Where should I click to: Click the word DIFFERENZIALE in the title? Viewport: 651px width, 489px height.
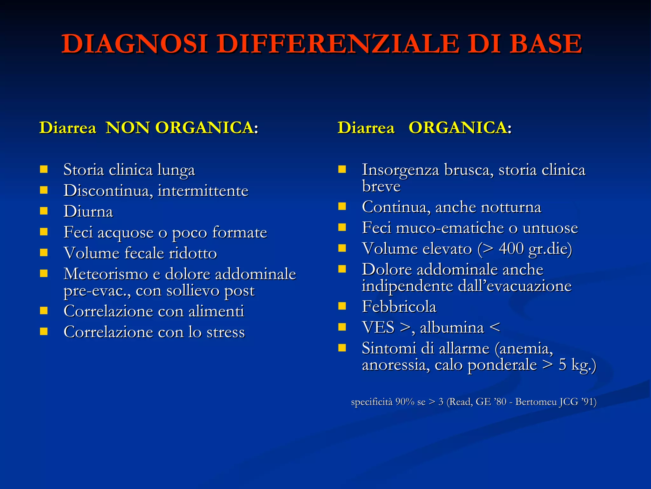click(x=339, y=44)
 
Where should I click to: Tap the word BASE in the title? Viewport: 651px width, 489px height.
click(x=546, y=44)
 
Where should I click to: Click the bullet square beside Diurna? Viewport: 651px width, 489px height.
click(x=44, y=211)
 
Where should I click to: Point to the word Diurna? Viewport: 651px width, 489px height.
click(x=88, y=212)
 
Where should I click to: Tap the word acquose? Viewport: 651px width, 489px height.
click(x=126, y=233)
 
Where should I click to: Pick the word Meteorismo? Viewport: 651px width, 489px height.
click(x=106, y=274)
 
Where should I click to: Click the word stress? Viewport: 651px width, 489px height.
click(x=226, y=332)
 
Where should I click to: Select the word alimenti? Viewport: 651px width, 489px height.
click(x=216, y=311)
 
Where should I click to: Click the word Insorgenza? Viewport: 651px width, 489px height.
click(x=401, y=170)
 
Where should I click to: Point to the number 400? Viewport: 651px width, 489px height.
click(x=511, y=249)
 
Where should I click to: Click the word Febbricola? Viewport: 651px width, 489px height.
click(x=399, y=307)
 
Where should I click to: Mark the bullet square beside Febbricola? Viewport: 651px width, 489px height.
click(x=342, y=306)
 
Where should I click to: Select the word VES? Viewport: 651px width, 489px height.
click(x=378, y=328)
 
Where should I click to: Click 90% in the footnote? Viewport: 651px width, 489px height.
click(x=405, y=402)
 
